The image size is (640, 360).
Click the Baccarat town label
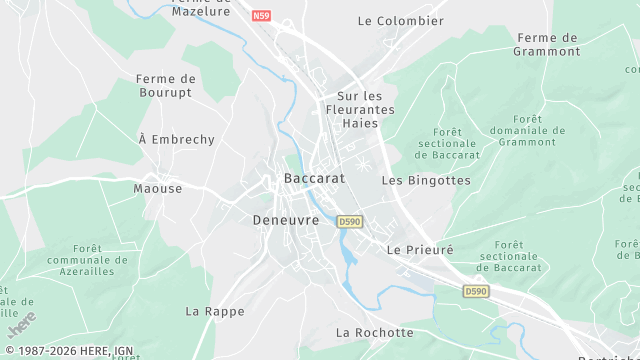(314, 178)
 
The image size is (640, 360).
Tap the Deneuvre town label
(285, 220)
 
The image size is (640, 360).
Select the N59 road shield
(262, 16)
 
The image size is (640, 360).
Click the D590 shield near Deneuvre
(349, 221)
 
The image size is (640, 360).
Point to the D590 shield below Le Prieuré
(477, 291)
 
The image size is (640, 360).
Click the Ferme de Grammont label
(546, 44)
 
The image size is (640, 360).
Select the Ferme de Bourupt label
(166, 86)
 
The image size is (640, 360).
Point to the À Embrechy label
(176, 140)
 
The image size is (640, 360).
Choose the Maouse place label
(158, 188)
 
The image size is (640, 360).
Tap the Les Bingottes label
(426, 181)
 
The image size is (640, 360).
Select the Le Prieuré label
(420, 249)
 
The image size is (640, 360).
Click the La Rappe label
(215, 311)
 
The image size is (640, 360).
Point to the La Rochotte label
(374, 332)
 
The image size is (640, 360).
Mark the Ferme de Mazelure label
(201, 6)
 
